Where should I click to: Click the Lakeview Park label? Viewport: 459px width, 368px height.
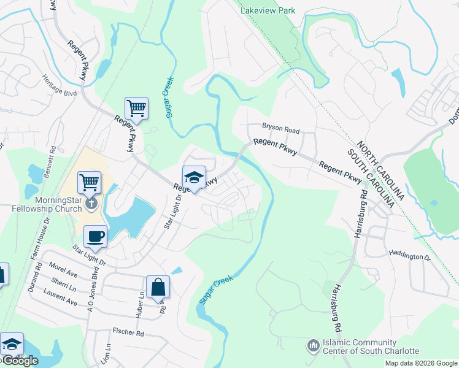268,10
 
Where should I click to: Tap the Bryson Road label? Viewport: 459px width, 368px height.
280,130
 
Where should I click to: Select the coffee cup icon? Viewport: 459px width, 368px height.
95,236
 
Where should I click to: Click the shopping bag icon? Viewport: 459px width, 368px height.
158,286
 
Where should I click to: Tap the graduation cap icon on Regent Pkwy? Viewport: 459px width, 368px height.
194,177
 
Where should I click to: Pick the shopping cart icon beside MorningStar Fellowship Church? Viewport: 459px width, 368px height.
90,182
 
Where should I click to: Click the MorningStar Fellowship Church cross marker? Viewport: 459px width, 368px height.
91,202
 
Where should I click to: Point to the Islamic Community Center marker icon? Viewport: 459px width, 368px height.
314,347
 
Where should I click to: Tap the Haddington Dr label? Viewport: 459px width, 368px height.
411,256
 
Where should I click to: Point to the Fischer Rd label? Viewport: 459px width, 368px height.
128,332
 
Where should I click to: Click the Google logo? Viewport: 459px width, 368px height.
20,361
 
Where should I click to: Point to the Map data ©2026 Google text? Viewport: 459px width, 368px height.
420,363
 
